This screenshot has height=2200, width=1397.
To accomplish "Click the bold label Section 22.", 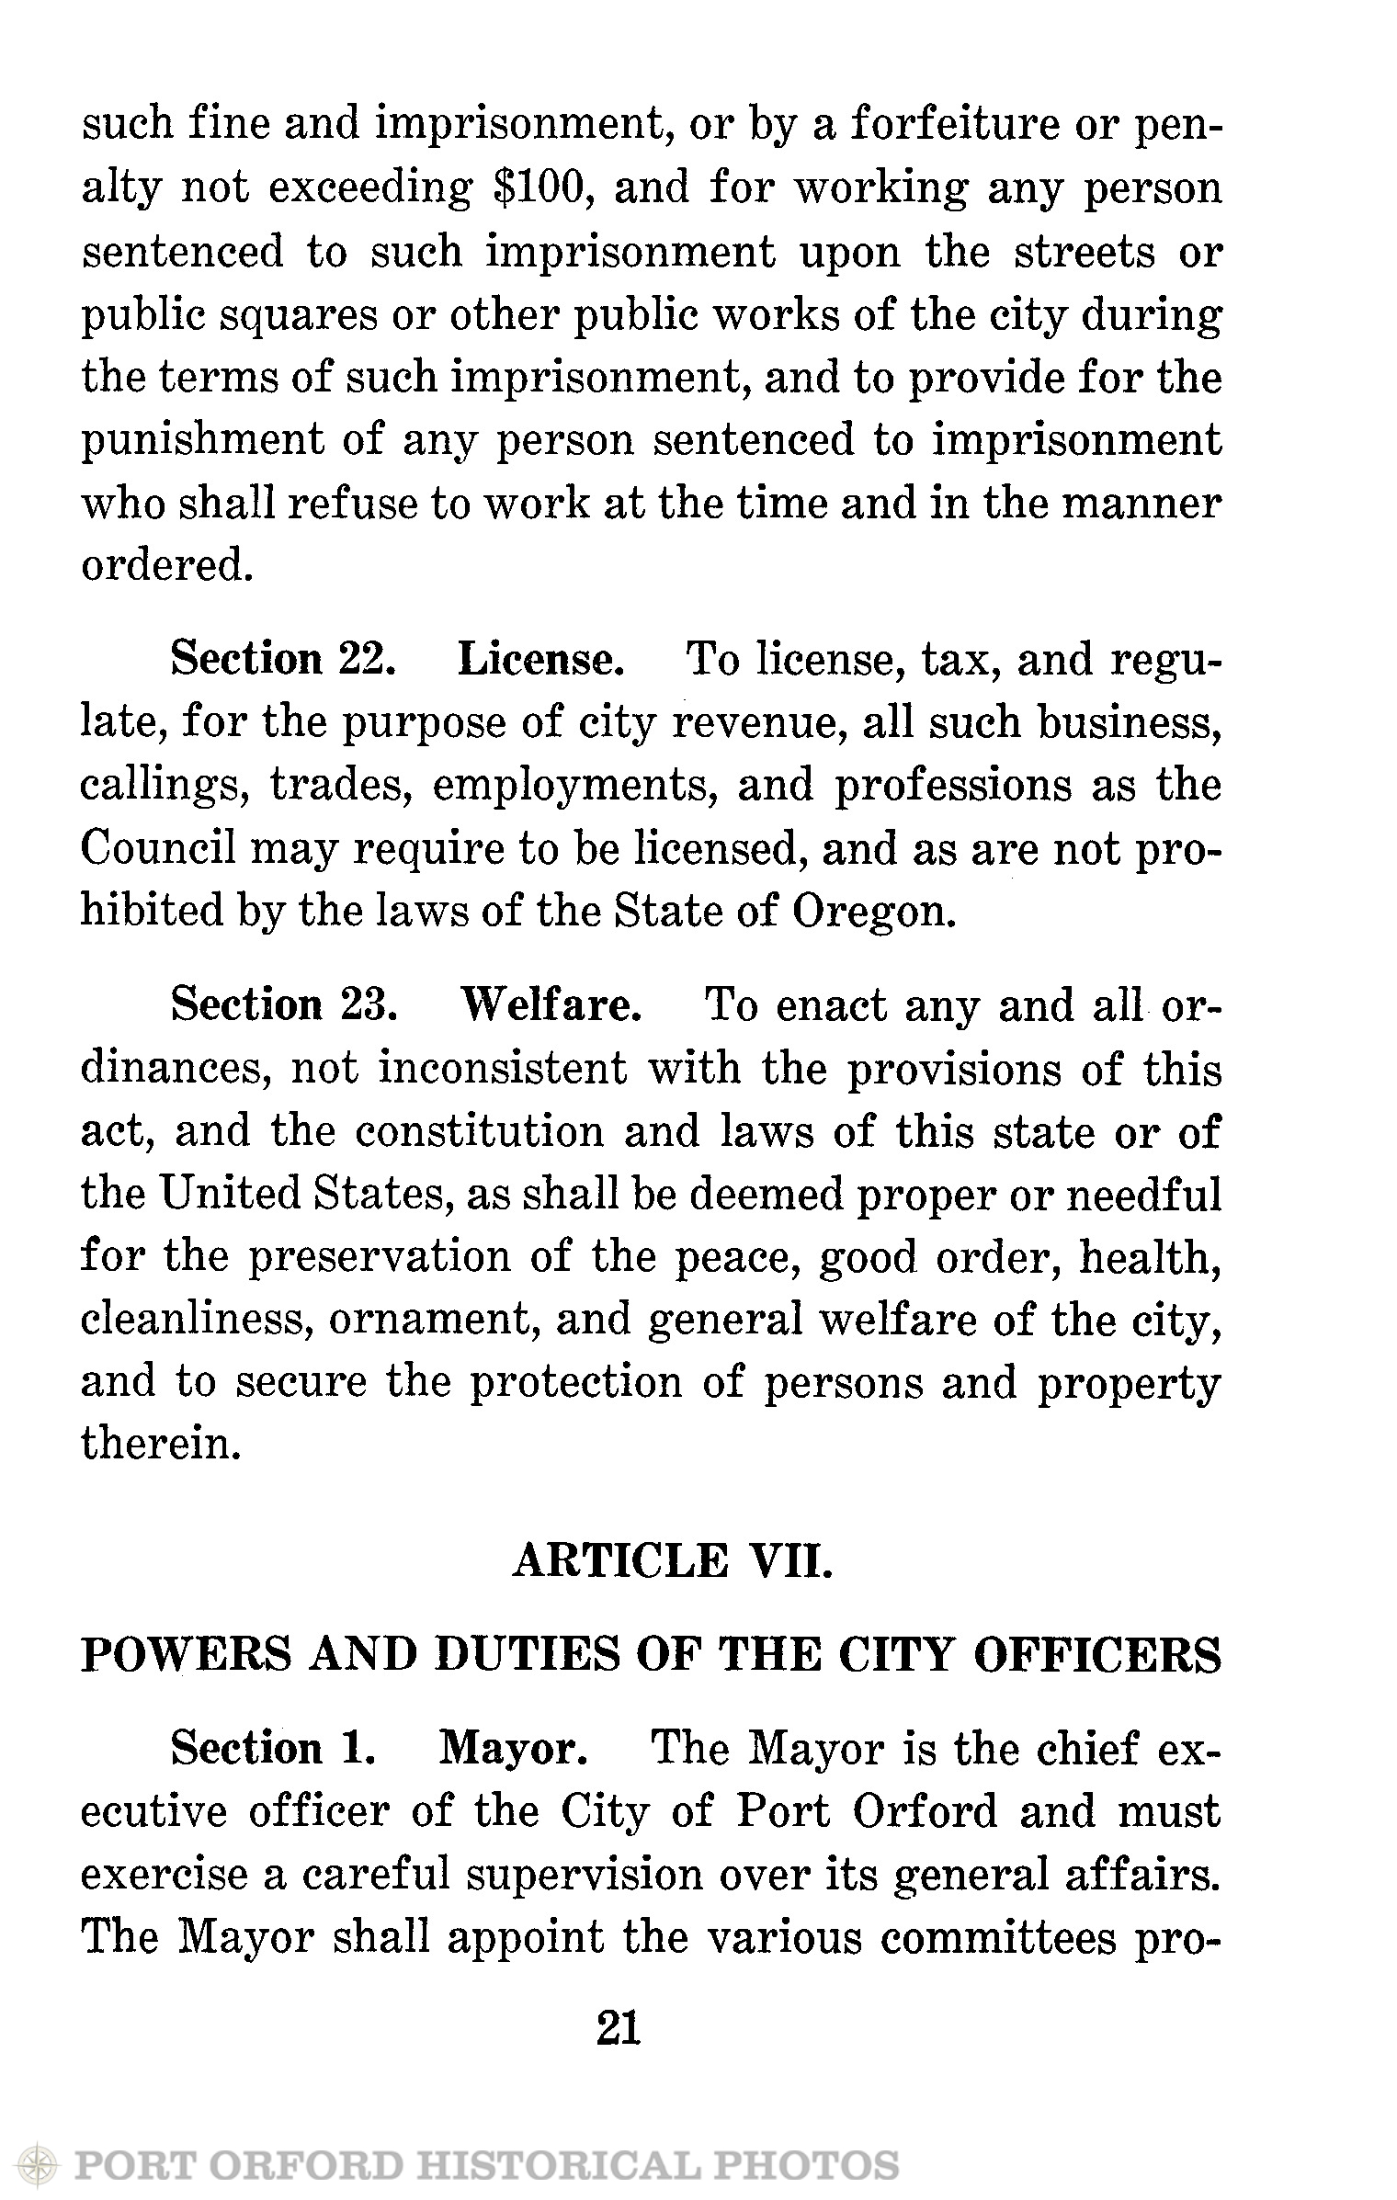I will coord(283,661).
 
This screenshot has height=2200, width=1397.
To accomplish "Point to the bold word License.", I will coord(541,661).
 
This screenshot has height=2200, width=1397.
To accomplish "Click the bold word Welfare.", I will coord(550,1006).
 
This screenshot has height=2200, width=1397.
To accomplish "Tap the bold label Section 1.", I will coord(274,1749).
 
